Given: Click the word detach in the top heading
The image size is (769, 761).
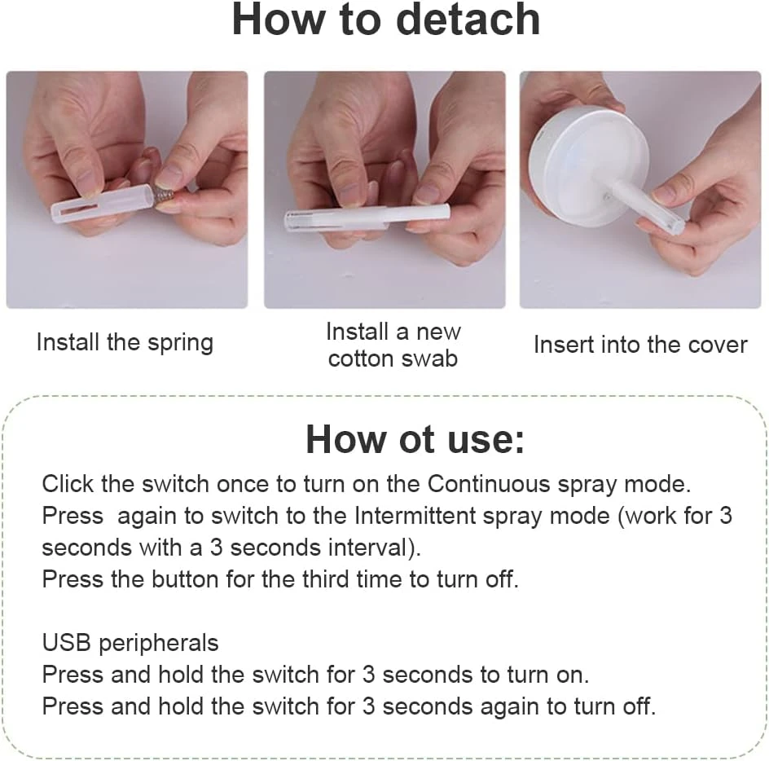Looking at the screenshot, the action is tap(468, 20).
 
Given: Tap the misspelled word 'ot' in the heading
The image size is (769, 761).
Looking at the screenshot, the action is tap(416, 439).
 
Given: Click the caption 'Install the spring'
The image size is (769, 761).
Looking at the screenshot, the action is tap(125, 342).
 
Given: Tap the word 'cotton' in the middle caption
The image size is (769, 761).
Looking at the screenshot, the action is tap(363, 359).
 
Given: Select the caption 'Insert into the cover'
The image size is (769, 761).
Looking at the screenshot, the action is tap(640, 345).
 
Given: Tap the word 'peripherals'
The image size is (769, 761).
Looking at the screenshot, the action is tap(158, 644).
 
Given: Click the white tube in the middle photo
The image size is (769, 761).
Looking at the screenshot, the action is tap(367, 218).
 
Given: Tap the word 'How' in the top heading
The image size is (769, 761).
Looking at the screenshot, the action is tap(279, 20).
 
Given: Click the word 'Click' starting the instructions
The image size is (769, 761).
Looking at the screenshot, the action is tap(68, 484).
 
